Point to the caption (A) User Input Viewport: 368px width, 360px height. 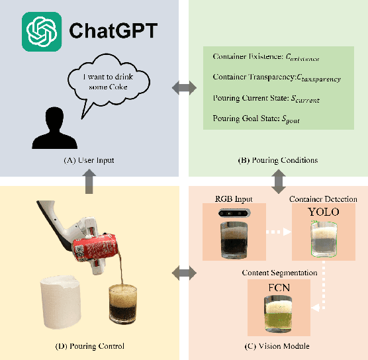click(89, 159)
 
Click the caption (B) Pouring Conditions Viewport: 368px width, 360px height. click(277, 159)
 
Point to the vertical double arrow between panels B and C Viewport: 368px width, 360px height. click(277, 179)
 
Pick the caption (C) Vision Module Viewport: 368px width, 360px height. click(277, 346)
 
